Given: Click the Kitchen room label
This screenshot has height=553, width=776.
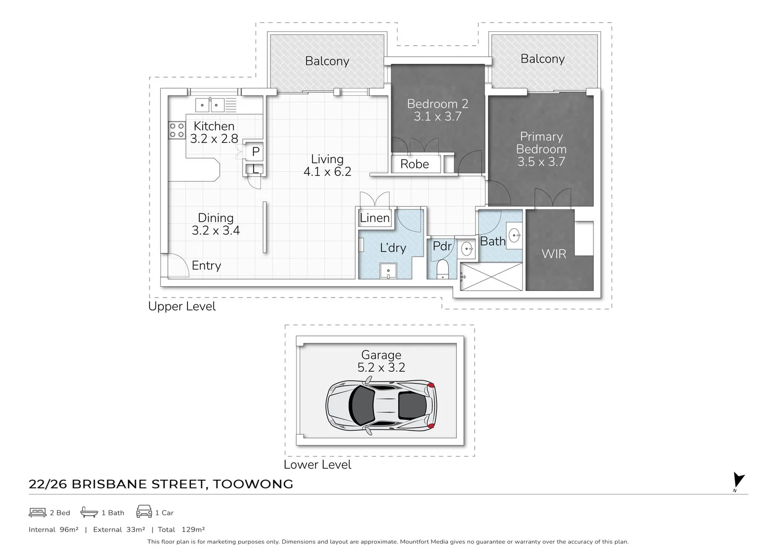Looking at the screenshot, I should pos(214,126).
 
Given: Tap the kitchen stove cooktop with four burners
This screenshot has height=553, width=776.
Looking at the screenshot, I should pos(177,131).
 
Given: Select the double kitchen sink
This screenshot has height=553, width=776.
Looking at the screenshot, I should pos(209,105).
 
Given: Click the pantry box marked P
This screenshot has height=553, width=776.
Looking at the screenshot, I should pos(255,152).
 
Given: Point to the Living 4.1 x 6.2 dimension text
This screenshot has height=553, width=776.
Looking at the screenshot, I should pos(327,172).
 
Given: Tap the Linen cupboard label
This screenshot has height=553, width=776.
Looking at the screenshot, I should pos(374,218).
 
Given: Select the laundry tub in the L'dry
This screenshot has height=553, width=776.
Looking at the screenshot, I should pos(388,270).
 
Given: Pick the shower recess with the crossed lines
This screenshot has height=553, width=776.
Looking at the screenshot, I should pos(491,277).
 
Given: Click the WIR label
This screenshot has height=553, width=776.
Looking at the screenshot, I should pos(554,254).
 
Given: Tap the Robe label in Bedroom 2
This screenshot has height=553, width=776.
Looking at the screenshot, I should pos(414,164).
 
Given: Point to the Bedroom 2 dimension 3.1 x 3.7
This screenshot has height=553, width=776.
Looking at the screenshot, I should pos(437,117).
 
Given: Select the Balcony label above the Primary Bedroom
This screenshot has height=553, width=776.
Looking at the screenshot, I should pos(542,59).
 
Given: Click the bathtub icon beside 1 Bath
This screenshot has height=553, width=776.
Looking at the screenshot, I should pos(89,512).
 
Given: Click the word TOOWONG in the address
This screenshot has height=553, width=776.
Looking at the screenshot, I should pos(253,484).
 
